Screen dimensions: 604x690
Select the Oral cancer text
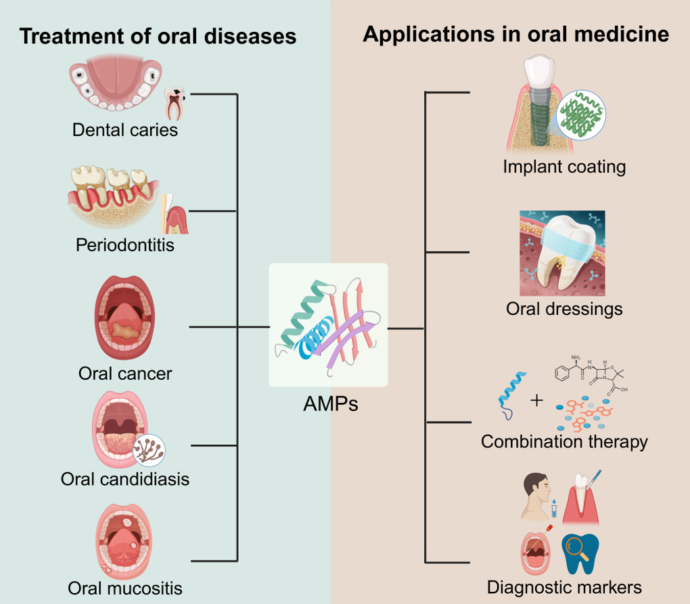(x=125, y=373)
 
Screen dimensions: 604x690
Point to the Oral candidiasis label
(x=125, y=479)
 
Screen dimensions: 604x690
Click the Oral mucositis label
(x=125, y=587)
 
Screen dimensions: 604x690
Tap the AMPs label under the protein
(x=330, y=404)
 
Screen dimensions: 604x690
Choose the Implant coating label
(x=564, y=166)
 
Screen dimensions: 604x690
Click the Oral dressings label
(x=564, y=309)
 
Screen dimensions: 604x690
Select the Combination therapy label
(x=564, y=441)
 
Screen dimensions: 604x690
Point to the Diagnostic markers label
(x=564, y=586)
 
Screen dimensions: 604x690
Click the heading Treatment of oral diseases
(x=158, y=35)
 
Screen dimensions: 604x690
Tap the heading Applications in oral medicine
(x=516, y=34)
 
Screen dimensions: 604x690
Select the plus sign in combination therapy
(x=536, y=400)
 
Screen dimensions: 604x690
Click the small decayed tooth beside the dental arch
(x=175, y=102)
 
